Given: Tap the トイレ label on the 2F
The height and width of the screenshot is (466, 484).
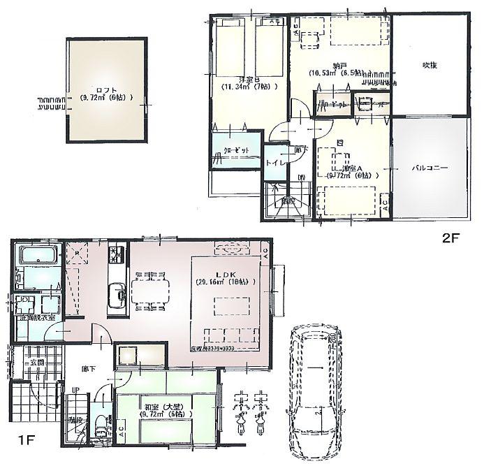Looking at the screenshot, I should point(273,162).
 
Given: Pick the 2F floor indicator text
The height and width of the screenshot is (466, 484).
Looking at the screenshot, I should point(449,238).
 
